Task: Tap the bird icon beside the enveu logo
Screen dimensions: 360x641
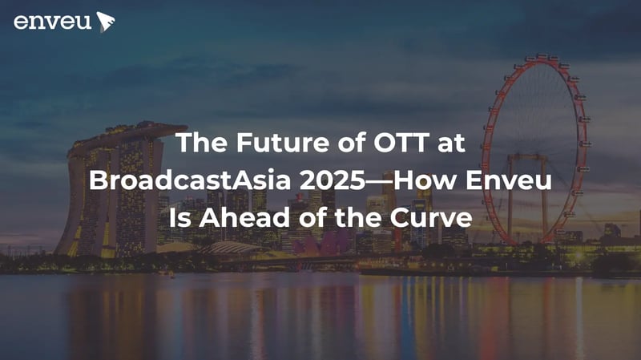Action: point(105,22)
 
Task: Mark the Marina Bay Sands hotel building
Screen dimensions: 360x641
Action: point(112,200)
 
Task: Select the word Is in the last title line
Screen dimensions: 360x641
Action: point(179,215)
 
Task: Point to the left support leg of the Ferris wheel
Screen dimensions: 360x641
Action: point(510,204)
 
